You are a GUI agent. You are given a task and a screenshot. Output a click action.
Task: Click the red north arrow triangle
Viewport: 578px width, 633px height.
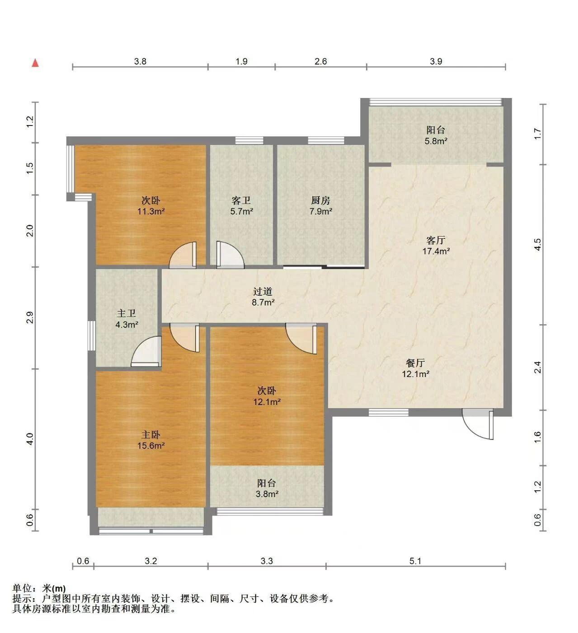coord(36,63)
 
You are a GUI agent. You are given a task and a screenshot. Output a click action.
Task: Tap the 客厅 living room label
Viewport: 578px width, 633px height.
coord(436,241)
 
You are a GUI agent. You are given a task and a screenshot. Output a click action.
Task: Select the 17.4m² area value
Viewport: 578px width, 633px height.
coord(436,251)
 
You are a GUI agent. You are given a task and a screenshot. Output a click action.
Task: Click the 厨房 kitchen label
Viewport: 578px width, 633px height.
coord(320,200)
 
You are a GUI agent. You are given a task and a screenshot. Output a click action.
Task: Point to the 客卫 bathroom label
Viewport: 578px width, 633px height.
coord(241,200)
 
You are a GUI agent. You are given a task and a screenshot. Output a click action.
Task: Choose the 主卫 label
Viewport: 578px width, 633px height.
coord(127,313)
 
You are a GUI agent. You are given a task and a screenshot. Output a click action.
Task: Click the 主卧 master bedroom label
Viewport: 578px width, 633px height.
coord(150,435)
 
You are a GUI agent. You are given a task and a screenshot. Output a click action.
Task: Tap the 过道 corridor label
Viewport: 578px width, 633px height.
coord(263,292)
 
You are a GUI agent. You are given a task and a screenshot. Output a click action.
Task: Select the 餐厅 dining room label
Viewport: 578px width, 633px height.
coord(415,363)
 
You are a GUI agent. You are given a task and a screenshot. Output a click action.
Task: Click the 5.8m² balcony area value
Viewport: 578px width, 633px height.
coord(436,141)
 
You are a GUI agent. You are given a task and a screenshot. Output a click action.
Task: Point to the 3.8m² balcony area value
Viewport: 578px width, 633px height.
coord(267,494)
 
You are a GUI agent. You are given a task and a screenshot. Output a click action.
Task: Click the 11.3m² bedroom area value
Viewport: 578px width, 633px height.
coord(151,211)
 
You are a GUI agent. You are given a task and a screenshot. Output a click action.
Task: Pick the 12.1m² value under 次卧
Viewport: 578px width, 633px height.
coord(267,402)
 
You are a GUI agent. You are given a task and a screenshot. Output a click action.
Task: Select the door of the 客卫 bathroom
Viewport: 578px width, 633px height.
coord(230,255)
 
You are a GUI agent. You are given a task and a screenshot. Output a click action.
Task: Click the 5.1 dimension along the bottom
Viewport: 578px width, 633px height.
coord(415,561)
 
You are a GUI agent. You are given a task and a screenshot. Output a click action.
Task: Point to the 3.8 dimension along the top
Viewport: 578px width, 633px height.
coord(140,61)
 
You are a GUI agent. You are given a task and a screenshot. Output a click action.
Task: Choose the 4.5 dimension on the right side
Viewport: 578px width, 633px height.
coord(538,245)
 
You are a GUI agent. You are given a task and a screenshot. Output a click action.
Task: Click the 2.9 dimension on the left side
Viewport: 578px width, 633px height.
coord(30,317)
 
